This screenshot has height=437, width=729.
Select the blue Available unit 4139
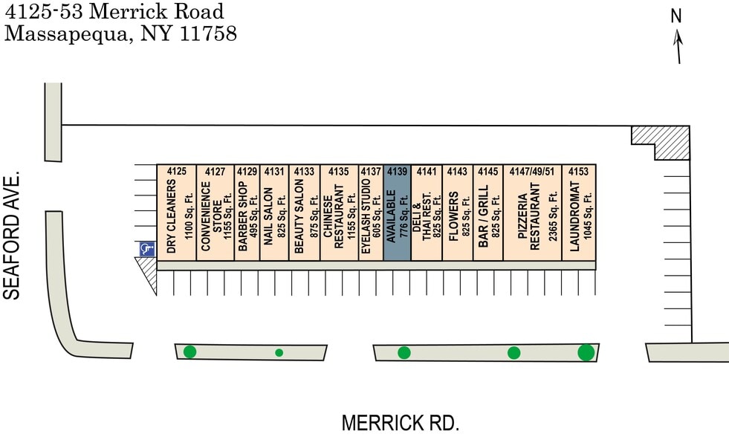397,212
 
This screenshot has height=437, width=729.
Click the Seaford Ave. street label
12,236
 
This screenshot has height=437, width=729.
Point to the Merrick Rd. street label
401,423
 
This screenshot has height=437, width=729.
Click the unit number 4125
176,172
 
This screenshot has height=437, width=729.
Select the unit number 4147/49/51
532,172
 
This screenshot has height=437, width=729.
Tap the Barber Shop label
242,217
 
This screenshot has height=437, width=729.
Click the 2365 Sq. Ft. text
553,221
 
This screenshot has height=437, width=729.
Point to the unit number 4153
578,172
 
